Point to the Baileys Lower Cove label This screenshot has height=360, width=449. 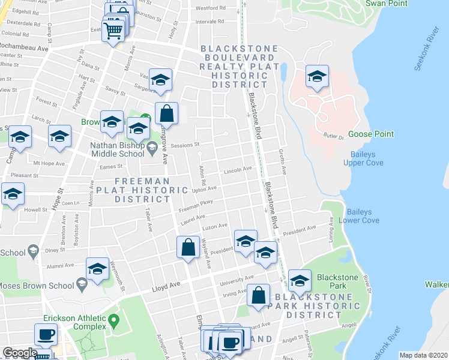(363, 216)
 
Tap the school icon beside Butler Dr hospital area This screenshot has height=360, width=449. (317, 76)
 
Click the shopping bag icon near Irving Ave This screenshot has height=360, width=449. (258, 295)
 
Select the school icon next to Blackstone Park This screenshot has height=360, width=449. (300, 280)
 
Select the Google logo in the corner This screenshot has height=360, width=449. (20, 353)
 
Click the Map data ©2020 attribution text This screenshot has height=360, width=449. (423, 355)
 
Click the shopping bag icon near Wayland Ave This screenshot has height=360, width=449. (188, 247)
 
